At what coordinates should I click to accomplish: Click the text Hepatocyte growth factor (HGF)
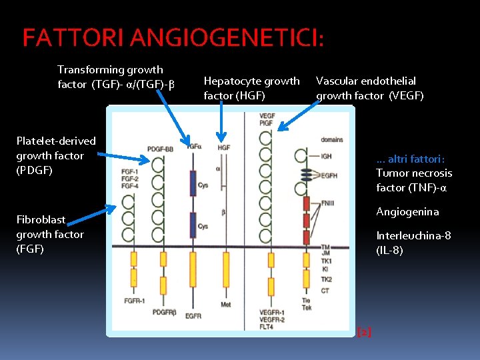click(x=251, y=88)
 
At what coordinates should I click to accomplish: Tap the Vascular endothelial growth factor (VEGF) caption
click(x=369, y=88)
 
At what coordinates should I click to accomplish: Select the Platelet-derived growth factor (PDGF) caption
click(x=56, y=155)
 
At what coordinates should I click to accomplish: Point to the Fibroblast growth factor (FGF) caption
click(x=50, y=234)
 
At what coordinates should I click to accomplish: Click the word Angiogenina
click(x=407, y=212)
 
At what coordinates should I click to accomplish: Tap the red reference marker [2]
click(x=365, y=331)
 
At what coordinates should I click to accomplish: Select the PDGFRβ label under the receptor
click(x=165, y=312)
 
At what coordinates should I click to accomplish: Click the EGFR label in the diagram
click(x=193, y=316)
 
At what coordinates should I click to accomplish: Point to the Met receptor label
click(x=226, y=305)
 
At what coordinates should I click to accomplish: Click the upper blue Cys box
click(x=193, y=181)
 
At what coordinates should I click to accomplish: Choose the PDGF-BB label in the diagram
click(x=161, y=149)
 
